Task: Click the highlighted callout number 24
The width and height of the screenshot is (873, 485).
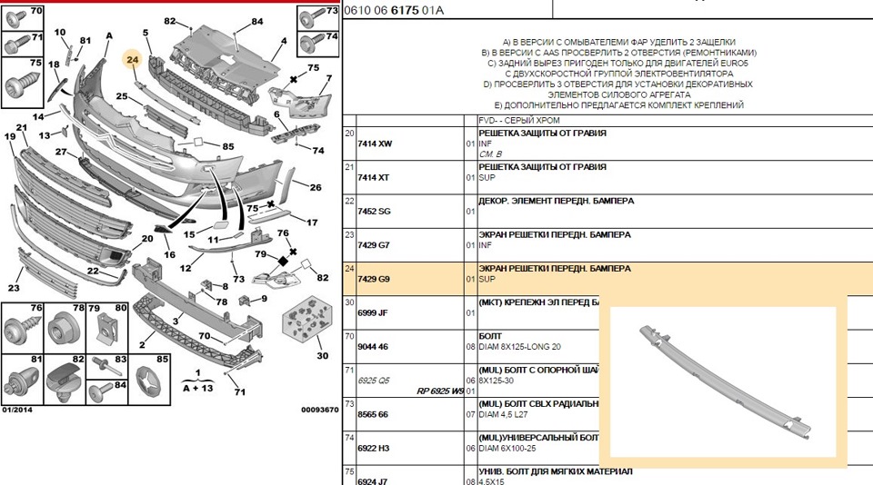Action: tap(132, 61)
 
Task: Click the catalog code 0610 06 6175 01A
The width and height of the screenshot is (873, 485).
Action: tap(394, 10)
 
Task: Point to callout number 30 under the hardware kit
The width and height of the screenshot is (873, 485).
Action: tap(323, 356)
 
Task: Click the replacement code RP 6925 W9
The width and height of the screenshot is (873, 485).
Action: tap(440, 391)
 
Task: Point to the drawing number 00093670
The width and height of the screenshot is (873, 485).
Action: tap(319, 410)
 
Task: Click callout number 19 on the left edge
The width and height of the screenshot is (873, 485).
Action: tap(10, 136)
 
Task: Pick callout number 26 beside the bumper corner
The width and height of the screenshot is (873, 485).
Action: tap(315, 188)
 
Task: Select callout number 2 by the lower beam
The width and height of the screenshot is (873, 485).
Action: tap(142, 345)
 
